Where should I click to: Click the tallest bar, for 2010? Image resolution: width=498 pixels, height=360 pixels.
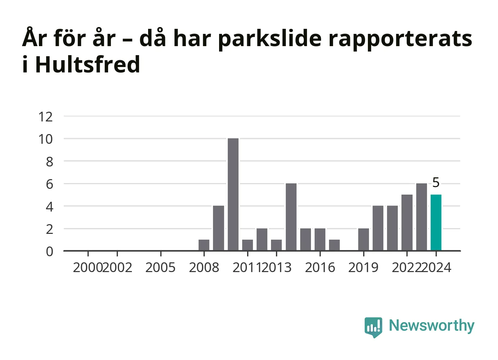click(x=233, y=195)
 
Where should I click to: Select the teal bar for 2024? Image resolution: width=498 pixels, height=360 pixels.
click(x=436, y=223)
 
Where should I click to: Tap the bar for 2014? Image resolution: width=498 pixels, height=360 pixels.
click(x=291, y=217)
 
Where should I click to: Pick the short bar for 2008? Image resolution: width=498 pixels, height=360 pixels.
click(x=204, y=245)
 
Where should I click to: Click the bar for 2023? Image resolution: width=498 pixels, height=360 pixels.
click(x=422, y=217)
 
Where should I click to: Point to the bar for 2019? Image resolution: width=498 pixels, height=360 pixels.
click(x=364, y=240)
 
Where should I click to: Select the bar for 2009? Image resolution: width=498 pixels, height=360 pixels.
click(x=218, y=228)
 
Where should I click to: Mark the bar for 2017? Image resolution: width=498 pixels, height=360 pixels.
click(x=334, y=245)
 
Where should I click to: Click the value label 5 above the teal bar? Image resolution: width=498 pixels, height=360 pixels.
click(x=436, y=183)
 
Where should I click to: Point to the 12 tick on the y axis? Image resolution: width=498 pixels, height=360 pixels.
click(x=45, y=116)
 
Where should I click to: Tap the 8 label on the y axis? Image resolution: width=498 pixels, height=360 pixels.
click(x=49, y=162)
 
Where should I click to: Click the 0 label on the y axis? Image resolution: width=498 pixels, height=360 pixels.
click(x=49, y=252)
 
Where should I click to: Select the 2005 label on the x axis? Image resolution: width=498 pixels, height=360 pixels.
click(x=160, y=267)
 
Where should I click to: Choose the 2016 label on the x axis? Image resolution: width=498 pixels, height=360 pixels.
click(x=320, y=267)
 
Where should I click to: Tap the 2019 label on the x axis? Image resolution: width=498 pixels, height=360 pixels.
click(x=363, y=267)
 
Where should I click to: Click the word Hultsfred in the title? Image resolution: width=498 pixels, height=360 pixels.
click(x=88, y=64)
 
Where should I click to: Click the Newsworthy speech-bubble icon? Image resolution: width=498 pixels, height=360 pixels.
click(x=373, y=328)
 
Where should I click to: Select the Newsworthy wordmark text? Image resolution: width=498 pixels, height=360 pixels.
click(x=432, y=326)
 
